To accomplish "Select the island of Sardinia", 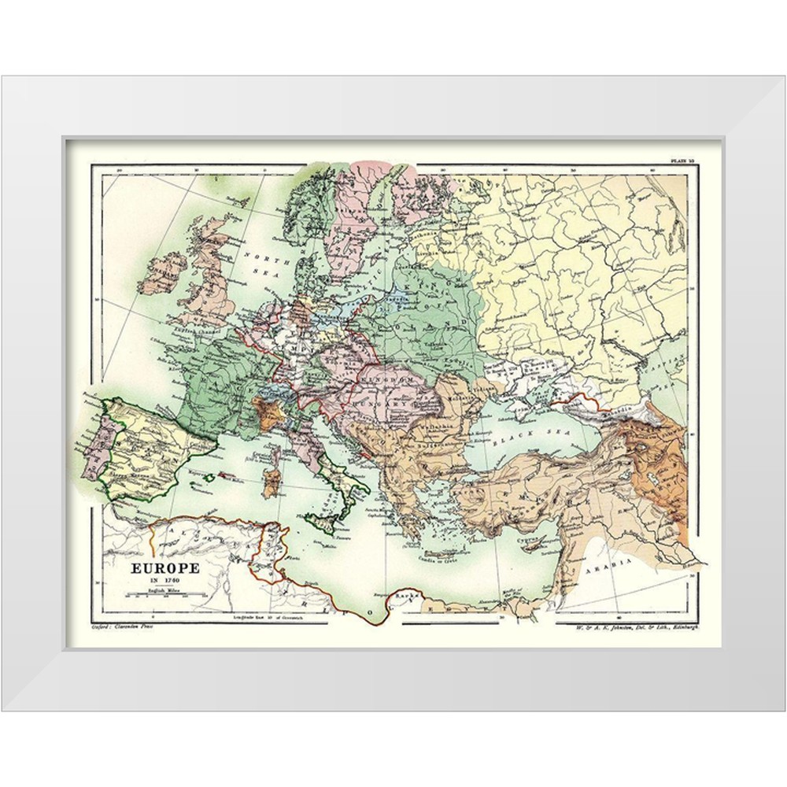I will [x=270, y=482].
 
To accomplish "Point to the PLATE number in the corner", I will [x=682, y=161].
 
